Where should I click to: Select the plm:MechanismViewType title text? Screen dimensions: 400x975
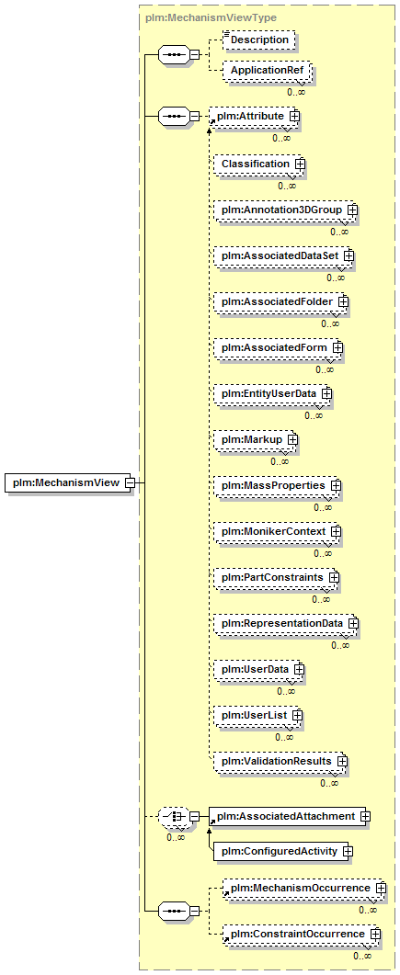211,18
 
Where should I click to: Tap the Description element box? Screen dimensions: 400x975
259,40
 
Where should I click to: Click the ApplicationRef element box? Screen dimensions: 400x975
268,71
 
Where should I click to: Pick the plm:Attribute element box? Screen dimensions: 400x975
254,116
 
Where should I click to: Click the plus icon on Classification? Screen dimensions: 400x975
300,164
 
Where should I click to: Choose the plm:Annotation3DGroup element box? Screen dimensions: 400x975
286,210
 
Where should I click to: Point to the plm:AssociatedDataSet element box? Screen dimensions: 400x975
283,255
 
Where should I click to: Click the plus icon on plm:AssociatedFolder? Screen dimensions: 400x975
343,301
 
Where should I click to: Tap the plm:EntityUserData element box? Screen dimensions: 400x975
272,393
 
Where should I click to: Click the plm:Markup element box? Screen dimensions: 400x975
255,439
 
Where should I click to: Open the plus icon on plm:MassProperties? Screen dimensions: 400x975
336,485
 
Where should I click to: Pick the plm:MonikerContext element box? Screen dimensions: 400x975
278,532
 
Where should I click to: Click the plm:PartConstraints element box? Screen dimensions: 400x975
276,578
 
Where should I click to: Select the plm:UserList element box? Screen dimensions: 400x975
258,716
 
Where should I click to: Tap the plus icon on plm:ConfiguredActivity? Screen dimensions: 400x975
348,851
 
